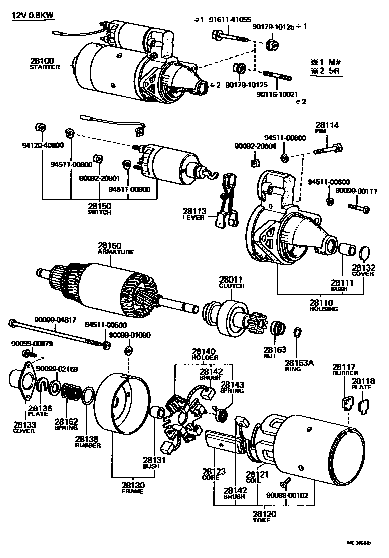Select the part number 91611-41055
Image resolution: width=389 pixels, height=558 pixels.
230,20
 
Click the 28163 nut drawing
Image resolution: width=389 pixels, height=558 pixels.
277,329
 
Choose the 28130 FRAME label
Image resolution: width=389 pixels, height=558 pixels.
132,488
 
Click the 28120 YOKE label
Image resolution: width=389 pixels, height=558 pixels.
262,516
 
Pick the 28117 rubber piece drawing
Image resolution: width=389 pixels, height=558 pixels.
346,404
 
